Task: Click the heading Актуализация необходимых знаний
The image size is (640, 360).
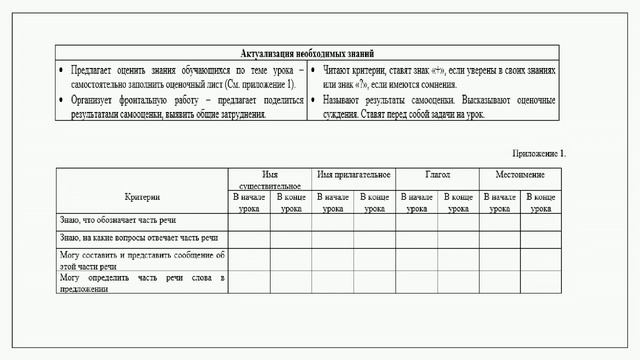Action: (308, 53)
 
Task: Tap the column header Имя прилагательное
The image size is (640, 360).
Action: (353, 175)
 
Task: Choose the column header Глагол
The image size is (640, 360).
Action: (437, 175)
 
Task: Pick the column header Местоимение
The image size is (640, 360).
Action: (520, 175)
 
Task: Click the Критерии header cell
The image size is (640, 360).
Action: (143, 197)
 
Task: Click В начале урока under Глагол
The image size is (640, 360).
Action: (417, 203)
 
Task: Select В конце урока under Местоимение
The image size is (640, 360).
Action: (541, 203)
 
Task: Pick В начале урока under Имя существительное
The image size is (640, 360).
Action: (250, 203)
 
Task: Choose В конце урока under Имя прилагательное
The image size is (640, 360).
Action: (375, 203)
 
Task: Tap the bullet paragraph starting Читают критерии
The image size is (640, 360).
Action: (440, 79)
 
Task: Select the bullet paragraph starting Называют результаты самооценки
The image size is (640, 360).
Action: (440, 108)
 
